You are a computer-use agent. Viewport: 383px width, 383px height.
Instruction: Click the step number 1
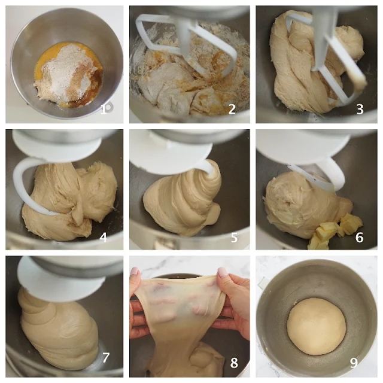tap(104, 109)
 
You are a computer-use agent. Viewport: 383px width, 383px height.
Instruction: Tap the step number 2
tap(232, 109)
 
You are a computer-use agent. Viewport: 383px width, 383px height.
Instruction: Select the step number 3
tap(360, 109)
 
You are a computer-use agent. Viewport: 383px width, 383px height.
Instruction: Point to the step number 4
tap(104, 237)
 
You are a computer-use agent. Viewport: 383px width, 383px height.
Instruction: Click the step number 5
tap(234, 237)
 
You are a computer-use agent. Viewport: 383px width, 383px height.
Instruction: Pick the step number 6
tap(359, 237)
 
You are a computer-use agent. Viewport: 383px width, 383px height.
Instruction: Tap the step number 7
tap(106, 357)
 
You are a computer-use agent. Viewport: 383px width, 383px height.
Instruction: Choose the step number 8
tap(234, 363)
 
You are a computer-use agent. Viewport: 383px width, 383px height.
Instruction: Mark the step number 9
tap(354, 363)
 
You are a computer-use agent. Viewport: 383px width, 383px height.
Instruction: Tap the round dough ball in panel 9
tap(317, 326)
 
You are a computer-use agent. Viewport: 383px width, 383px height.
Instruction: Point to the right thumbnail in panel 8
tap(222, 272)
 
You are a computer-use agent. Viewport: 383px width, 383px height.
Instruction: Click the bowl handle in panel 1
tap(110, 108)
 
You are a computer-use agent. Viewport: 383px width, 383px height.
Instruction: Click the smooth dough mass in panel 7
tap(59, 332)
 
